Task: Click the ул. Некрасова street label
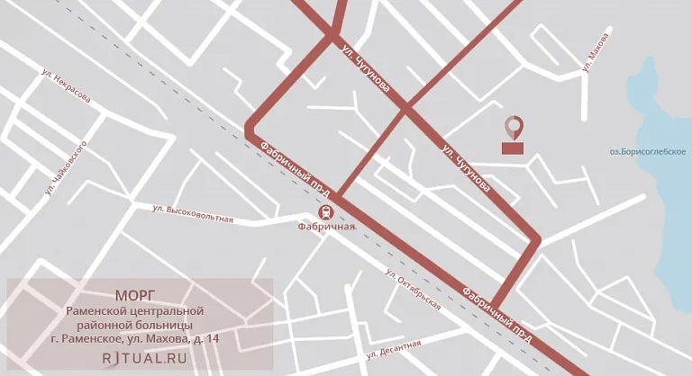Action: click(66, 86)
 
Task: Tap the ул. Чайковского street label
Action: click(65, 168)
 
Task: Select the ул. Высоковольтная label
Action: click(193, 213)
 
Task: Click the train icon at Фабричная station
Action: click(325, 211)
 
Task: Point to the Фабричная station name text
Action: click(326, 227)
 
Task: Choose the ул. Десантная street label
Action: click(393, 349)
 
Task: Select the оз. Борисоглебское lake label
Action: click(648, 151)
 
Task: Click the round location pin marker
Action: click(513, 127)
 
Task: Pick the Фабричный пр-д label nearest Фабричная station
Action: click(295, 168)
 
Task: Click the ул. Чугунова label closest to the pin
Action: click(467, 167)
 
